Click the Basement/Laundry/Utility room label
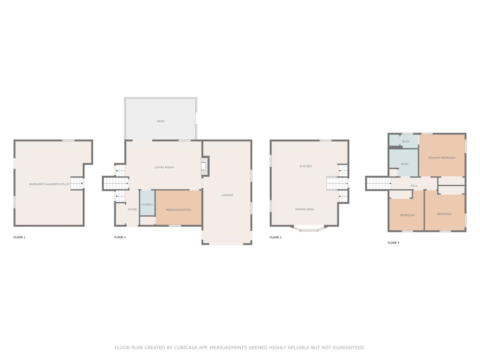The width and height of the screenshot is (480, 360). pyautogui.click(x=50, y=184)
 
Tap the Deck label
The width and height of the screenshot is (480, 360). pyautogui.click(x=160, y=121)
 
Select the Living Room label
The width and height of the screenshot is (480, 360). pyautogui.click(x=164, y=168)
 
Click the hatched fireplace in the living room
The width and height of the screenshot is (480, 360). pyautogui.click(x=204, y=166)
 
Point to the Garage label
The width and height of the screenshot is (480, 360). pyautogui.click(x=228, y=195)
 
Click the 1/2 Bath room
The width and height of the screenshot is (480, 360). pyautogui.click(x=147, y=203)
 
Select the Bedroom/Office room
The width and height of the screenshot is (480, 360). pyautogui.click(x=178, y=208)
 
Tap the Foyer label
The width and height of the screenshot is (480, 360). pyautogui.click(x=132, y=209)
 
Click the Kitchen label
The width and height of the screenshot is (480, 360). pyautogui.click(x=306, y=166)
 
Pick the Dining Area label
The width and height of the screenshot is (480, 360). pyautogui.click(x=304, y=209)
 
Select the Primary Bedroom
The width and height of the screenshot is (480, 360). pyautogui.click(x=442, y=156)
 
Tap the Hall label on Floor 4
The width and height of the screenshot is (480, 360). pyautogui.click(x=414, y=186)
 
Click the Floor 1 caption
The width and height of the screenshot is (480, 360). pyautogui.click(x=20, y=237)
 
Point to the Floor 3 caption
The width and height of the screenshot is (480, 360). pyautogui.click(x=276, y=237)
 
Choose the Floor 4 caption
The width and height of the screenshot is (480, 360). pyautogui.click(x=394, y=243)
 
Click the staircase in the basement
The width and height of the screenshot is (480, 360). pyautogui.click(x=77, y=183)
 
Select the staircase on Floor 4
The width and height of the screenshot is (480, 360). pyautogui.click(x=379, y=183)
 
